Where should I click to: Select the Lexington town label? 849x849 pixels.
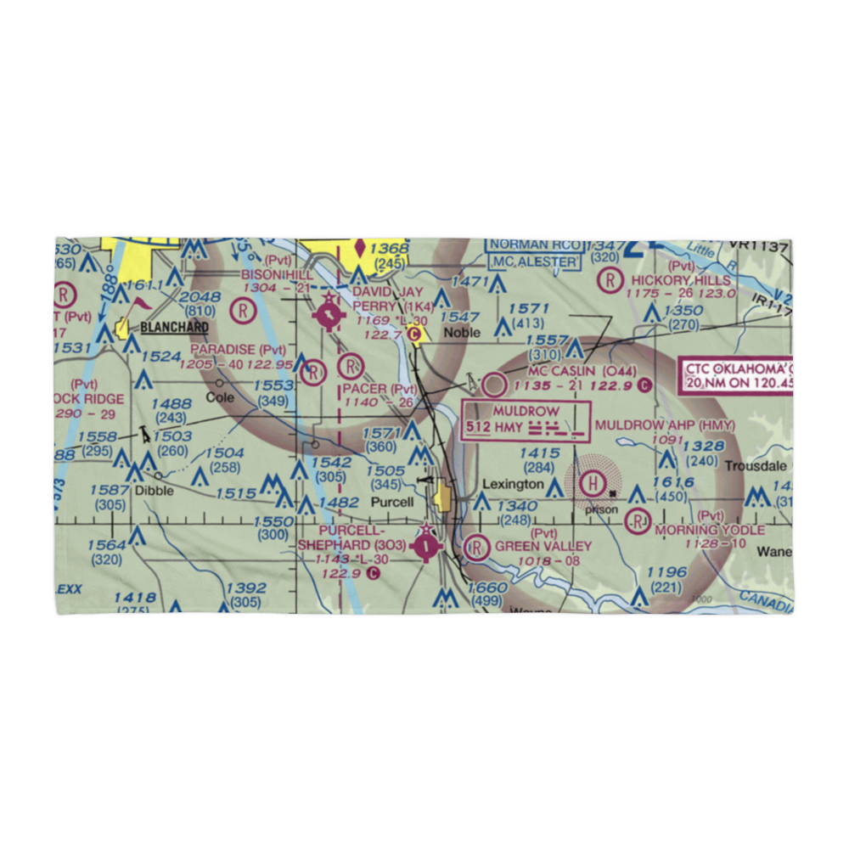tap(514, 484)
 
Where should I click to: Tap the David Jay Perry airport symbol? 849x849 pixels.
tap(329, 318)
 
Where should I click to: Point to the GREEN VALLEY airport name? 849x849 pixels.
tap(543, 546)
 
